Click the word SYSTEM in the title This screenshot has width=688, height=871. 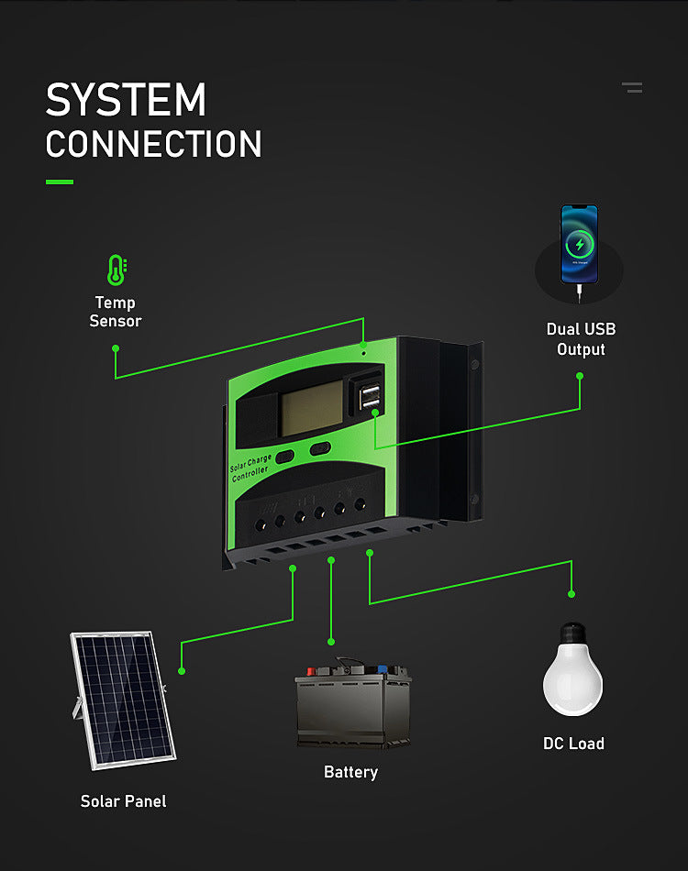pos(126,99)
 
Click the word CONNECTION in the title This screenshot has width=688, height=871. pos(153,145)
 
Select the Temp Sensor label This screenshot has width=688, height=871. pos(116,312)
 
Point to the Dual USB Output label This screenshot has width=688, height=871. pos(581,339)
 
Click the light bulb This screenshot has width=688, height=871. pos(572,670)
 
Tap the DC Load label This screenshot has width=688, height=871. pos(573,744)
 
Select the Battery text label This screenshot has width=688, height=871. pos(350,772)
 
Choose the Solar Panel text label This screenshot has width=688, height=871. pos(123,801)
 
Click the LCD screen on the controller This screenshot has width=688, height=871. pos(310,405)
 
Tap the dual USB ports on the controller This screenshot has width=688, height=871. pos(372,395)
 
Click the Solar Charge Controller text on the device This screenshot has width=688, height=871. pos(251,466)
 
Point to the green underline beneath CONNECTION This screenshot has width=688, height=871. pos(59,182)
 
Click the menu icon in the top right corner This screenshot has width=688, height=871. pos(632,87)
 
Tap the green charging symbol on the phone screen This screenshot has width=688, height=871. pos(579,244)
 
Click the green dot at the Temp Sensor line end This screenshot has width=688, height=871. pos(116,348)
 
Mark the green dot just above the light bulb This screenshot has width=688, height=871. pos(571,593)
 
